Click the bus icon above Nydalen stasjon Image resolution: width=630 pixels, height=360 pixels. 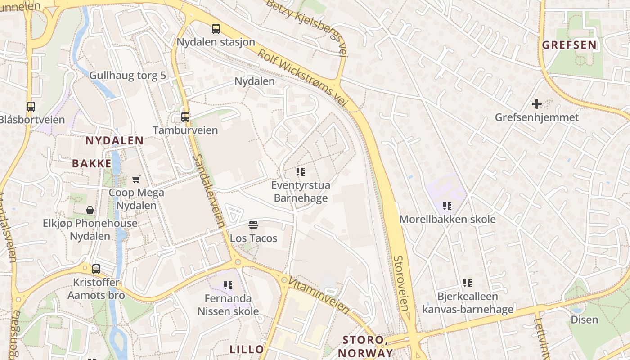click(x=216, y=29)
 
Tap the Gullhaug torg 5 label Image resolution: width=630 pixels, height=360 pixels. click(x=128, y=75)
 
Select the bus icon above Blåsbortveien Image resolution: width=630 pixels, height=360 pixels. click(x=31, y=107)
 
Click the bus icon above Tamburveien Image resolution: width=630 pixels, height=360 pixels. click(x=185, y=117)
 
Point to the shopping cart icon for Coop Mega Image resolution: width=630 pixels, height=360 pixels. click(x=136, y=180)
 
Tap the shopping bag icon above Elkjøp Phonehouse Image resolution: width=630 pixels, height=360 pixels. click(x=90, y=210)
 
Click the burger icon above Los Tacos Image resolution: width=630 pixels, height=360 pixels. click(x=253, y=225)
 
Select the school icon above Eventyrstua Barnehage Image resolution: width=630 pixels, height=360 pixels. click(x=301, y=172)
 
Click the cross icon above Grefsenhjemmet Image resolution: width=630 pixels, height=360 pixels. click(x=536, y=104)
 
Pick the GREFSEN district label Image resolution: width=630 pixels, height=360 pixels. click(x=569, y=45)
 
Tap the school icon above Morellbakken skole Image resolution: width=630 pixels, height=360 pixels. click(x=447, y=206)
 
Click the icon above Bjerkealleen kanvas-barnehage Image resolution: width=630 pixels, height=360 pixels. click(x=468, y=283)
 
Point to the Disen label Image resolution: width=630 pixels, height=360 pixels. click(x=584, y=320)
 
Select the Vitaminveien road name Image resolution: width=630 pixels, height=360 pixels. click(x=319, y=295)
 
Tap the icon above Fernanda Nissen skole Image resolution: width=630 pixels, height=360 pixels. click(x=228, y=285)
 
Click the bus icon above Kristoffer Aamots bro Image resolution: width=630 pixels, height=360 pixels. click(x=96, y=269)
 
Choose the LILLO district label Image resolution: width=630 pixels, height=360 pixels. click(x=247, y=349)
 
